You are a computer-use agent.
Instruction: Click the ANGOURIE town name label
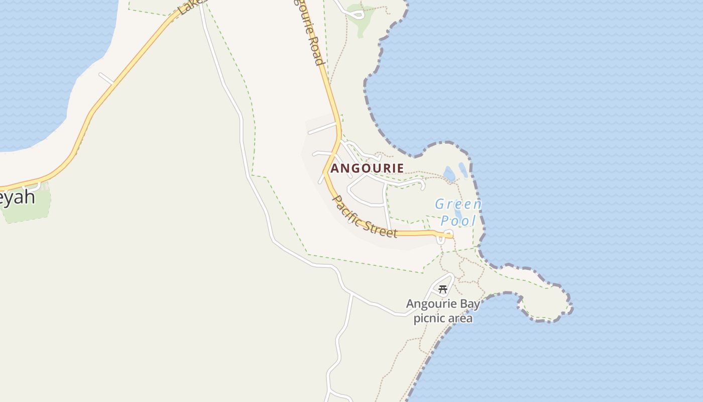coord(367,168)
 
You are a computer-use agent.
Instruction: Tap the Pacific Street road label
coord(365,217)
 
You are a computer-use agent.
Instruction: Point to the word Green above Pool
coord(458,205)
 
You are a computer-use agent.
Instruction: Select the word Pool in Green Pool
coord(458,221)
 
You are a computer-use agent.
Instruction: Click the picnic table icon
coord(443,289)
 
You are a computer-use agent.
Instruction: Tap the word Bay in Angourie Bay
coord(470,304)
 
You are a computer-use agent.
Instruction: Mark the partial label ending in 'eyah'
coord(18,197)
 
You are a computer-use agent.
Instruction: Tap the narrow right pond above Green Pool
coord(462,170)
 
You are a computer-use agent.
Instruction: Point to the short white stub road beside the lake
coord(106,79)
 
